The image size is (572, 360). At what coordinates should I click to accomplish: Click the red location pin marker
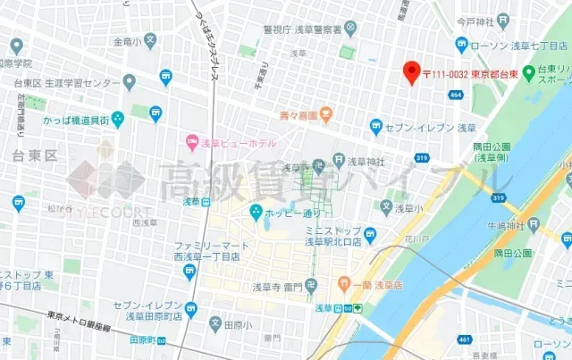pyautogui.click(x=411, y=72)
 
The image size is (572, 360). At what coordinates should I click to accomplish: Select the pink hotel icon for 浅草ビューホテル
pyautogui.click(x=192, y=140)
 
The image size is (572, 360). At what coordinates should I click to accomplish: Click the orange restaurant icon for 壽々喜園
pyautogui.click(x=326, y=114)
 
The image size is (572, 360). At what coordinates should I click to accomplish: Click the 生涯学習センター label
pyautogui.click(x=80, y=83)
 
